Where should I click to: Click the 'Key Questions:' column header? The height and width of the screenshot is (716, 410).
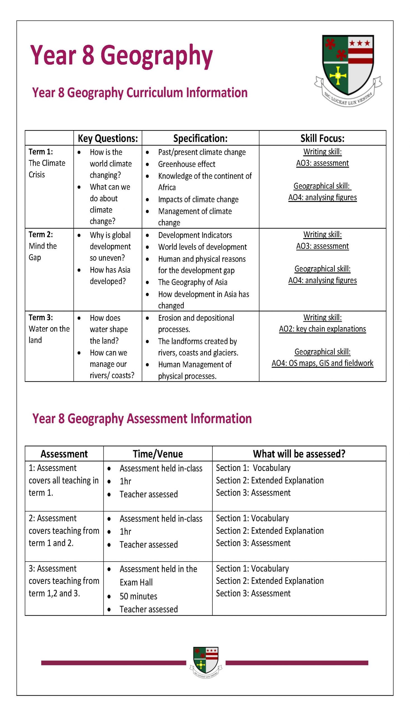(108, 138)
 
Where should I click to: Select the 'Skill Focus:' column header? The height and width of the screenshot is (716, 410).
(323, 138)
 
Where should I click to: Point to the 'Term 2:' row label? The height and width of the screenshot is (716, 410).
(41, 234)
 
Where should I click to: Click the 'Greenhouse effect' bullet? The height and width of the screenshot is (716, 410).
(186, 164)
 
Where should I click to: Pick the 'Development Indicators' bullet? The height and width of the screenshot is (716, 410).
(195, 235)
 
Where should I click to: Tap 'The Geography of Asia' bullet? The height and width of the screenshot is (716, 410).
(193, 282)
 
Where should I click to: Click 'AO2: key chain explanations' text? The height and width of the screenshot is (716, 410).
(323, 329)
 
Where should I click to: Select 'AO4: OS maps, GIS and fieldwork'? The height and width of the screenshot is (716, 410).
(323, 363)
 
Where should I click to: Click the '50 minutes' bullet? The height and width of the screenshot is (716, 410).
(138, 596)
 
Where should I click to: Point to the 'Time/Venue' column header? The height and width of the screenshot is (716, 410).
(158, 454)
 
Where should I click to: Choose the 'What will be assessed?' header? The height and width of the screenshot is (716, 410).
(299, 454)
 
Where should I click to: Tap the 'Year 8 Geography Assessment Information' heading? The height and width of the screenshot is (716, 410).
(142, 418)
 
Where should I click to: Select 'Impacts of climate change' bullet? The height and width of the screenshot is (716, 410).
(198, 199)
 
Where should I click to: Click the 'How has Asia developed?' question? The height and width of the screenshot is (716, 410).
(110, 275)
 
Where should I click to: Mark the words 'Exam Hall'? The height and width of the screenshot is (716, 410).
(136, 582)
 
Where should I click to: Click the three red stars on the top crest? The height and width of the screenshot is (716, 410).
(360, 43)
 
